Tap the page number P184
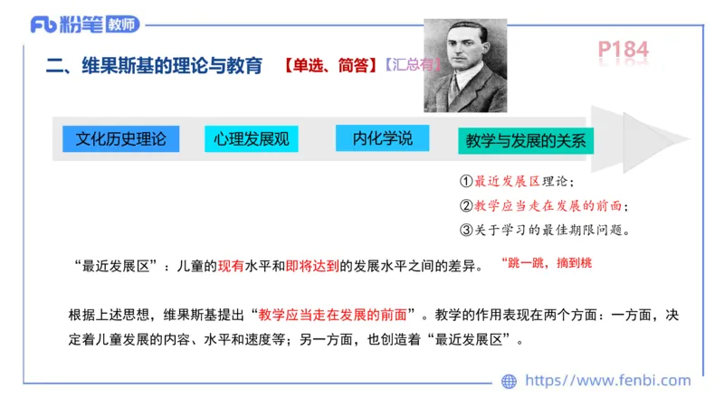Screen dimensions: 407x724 point(623,51)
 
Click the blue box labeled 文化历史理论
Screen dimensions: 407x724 point(120,138)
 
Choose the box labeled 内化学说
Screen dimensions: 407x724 point(382,138)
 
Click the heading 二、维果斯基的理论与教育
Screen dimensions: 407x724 point(154,66)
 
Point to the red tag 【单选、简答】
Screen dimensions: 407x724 point(329,66)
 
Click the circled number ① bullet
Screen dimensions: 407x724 point(466,182)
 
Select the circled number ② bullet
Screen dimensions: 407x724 point(466,205)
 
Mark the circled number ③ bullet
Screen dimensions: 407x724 point(466,229)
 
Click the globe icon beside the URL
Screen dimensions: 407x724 point(510,381)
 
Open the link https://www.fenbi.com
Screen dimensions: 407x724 point(607,381)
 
